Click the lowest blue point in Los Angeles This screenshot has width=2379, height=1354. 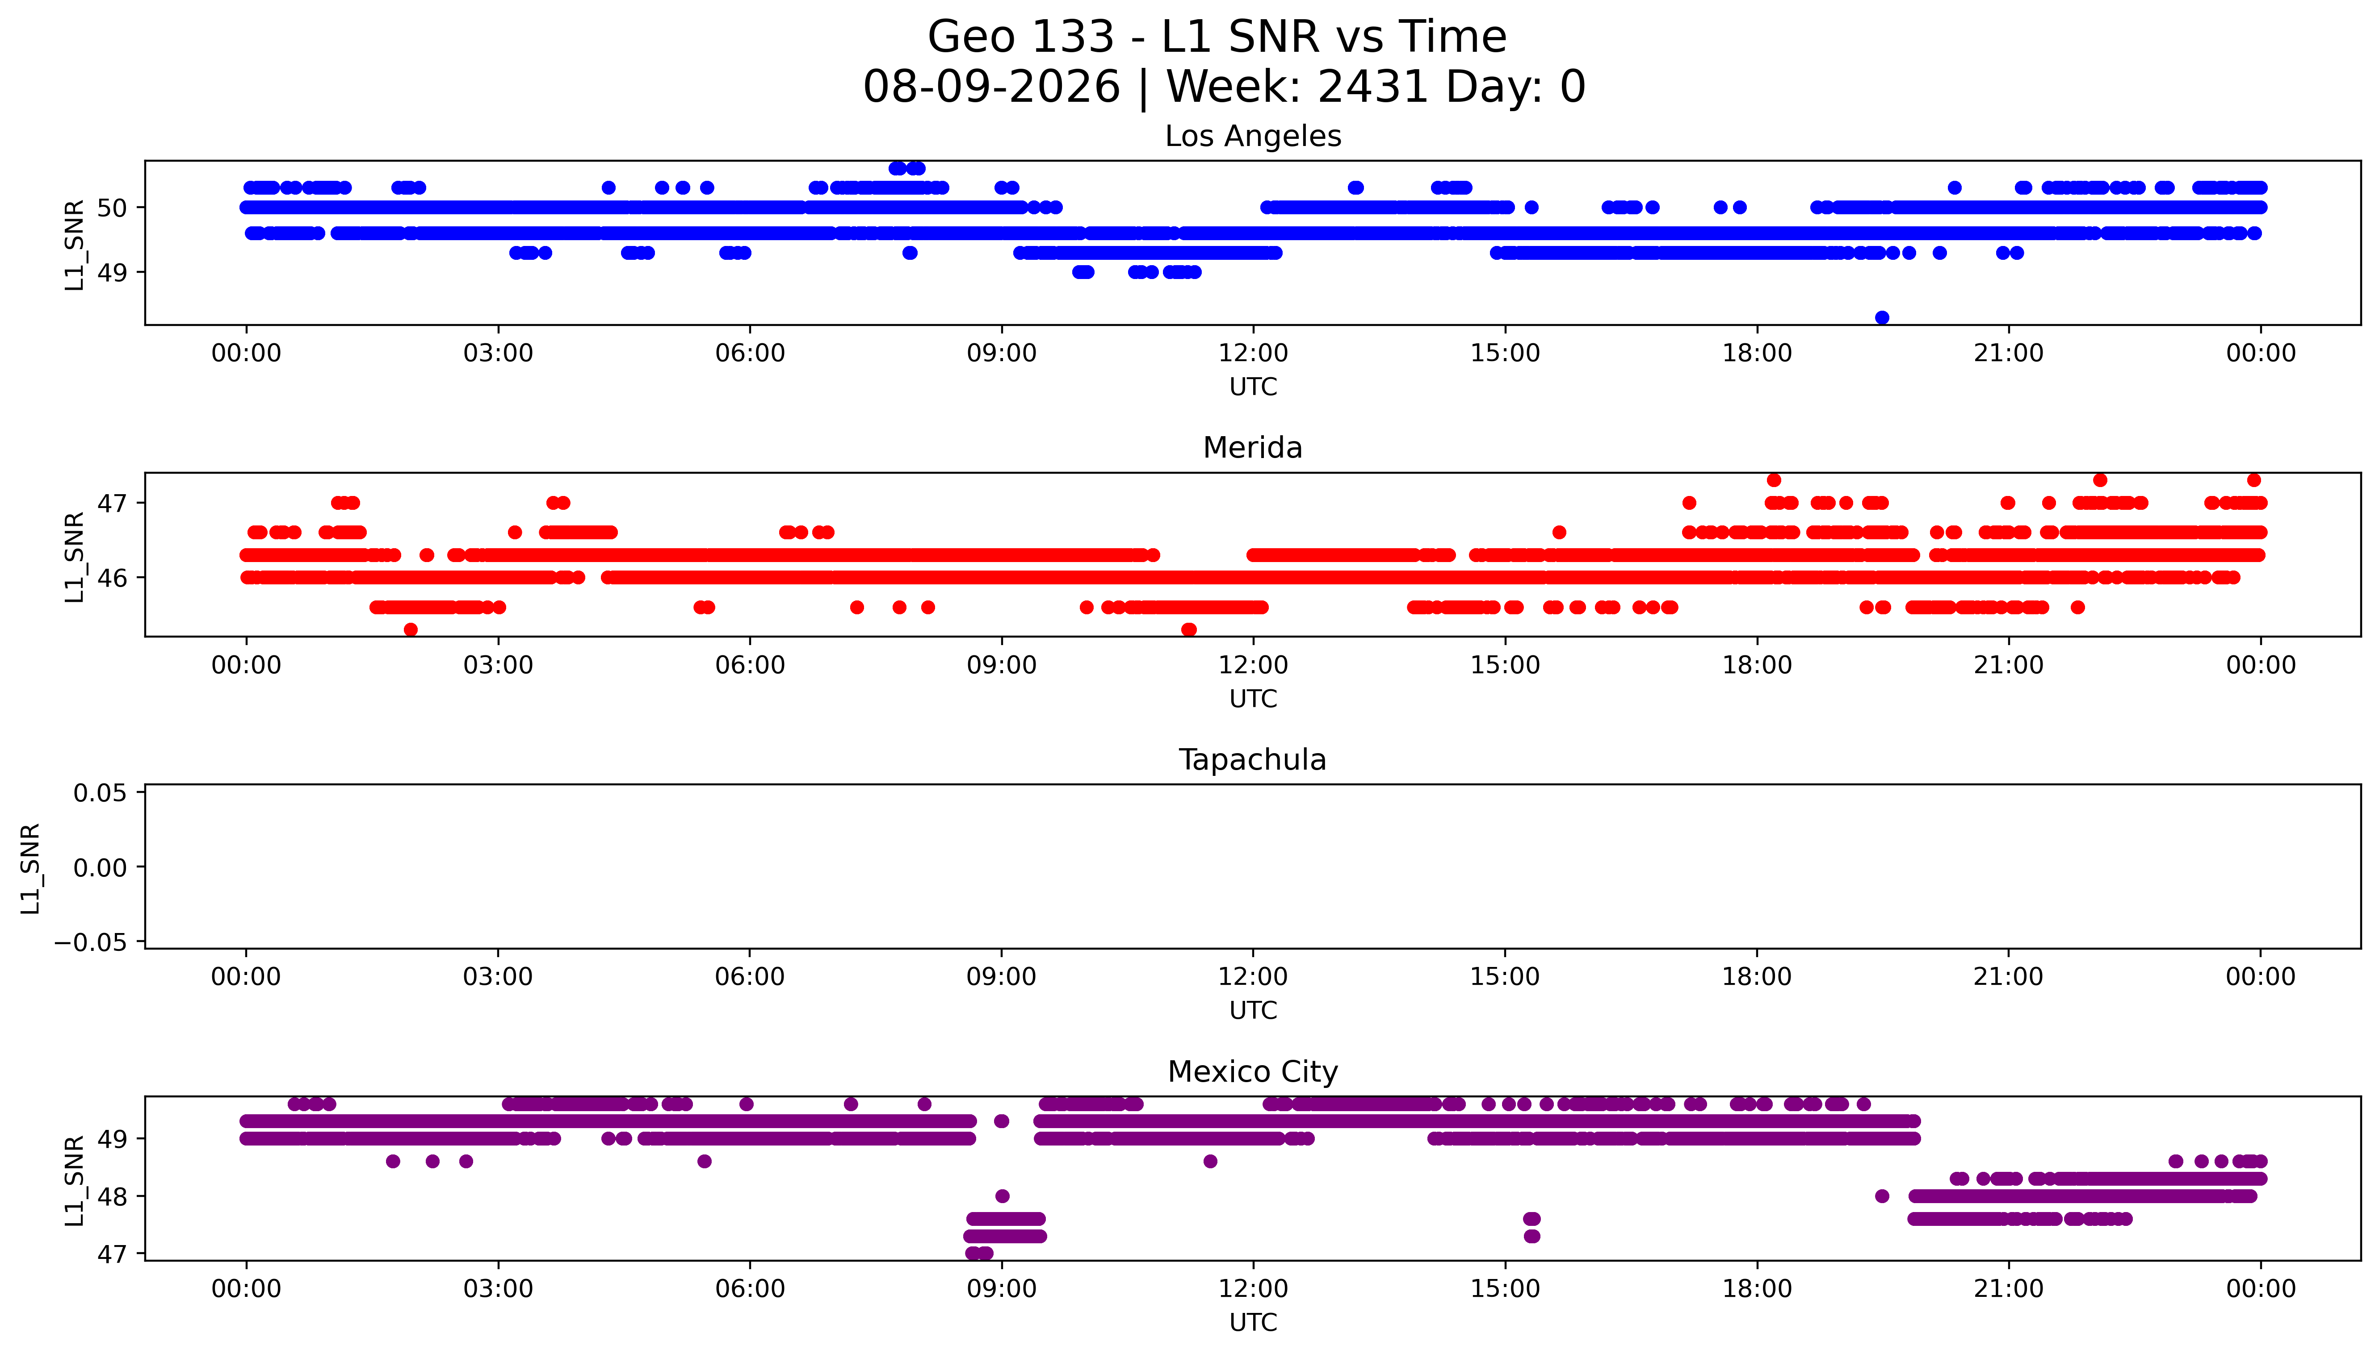[x=1882, y=317]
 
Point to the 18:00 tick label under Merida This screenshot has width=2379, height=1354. [x=1757, y=665]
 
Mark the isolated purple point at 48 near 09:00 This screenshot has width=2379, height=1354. [x=1002, y=1196]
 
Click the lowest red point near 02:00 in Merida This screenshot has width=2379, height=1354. [x=410, y=629]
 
